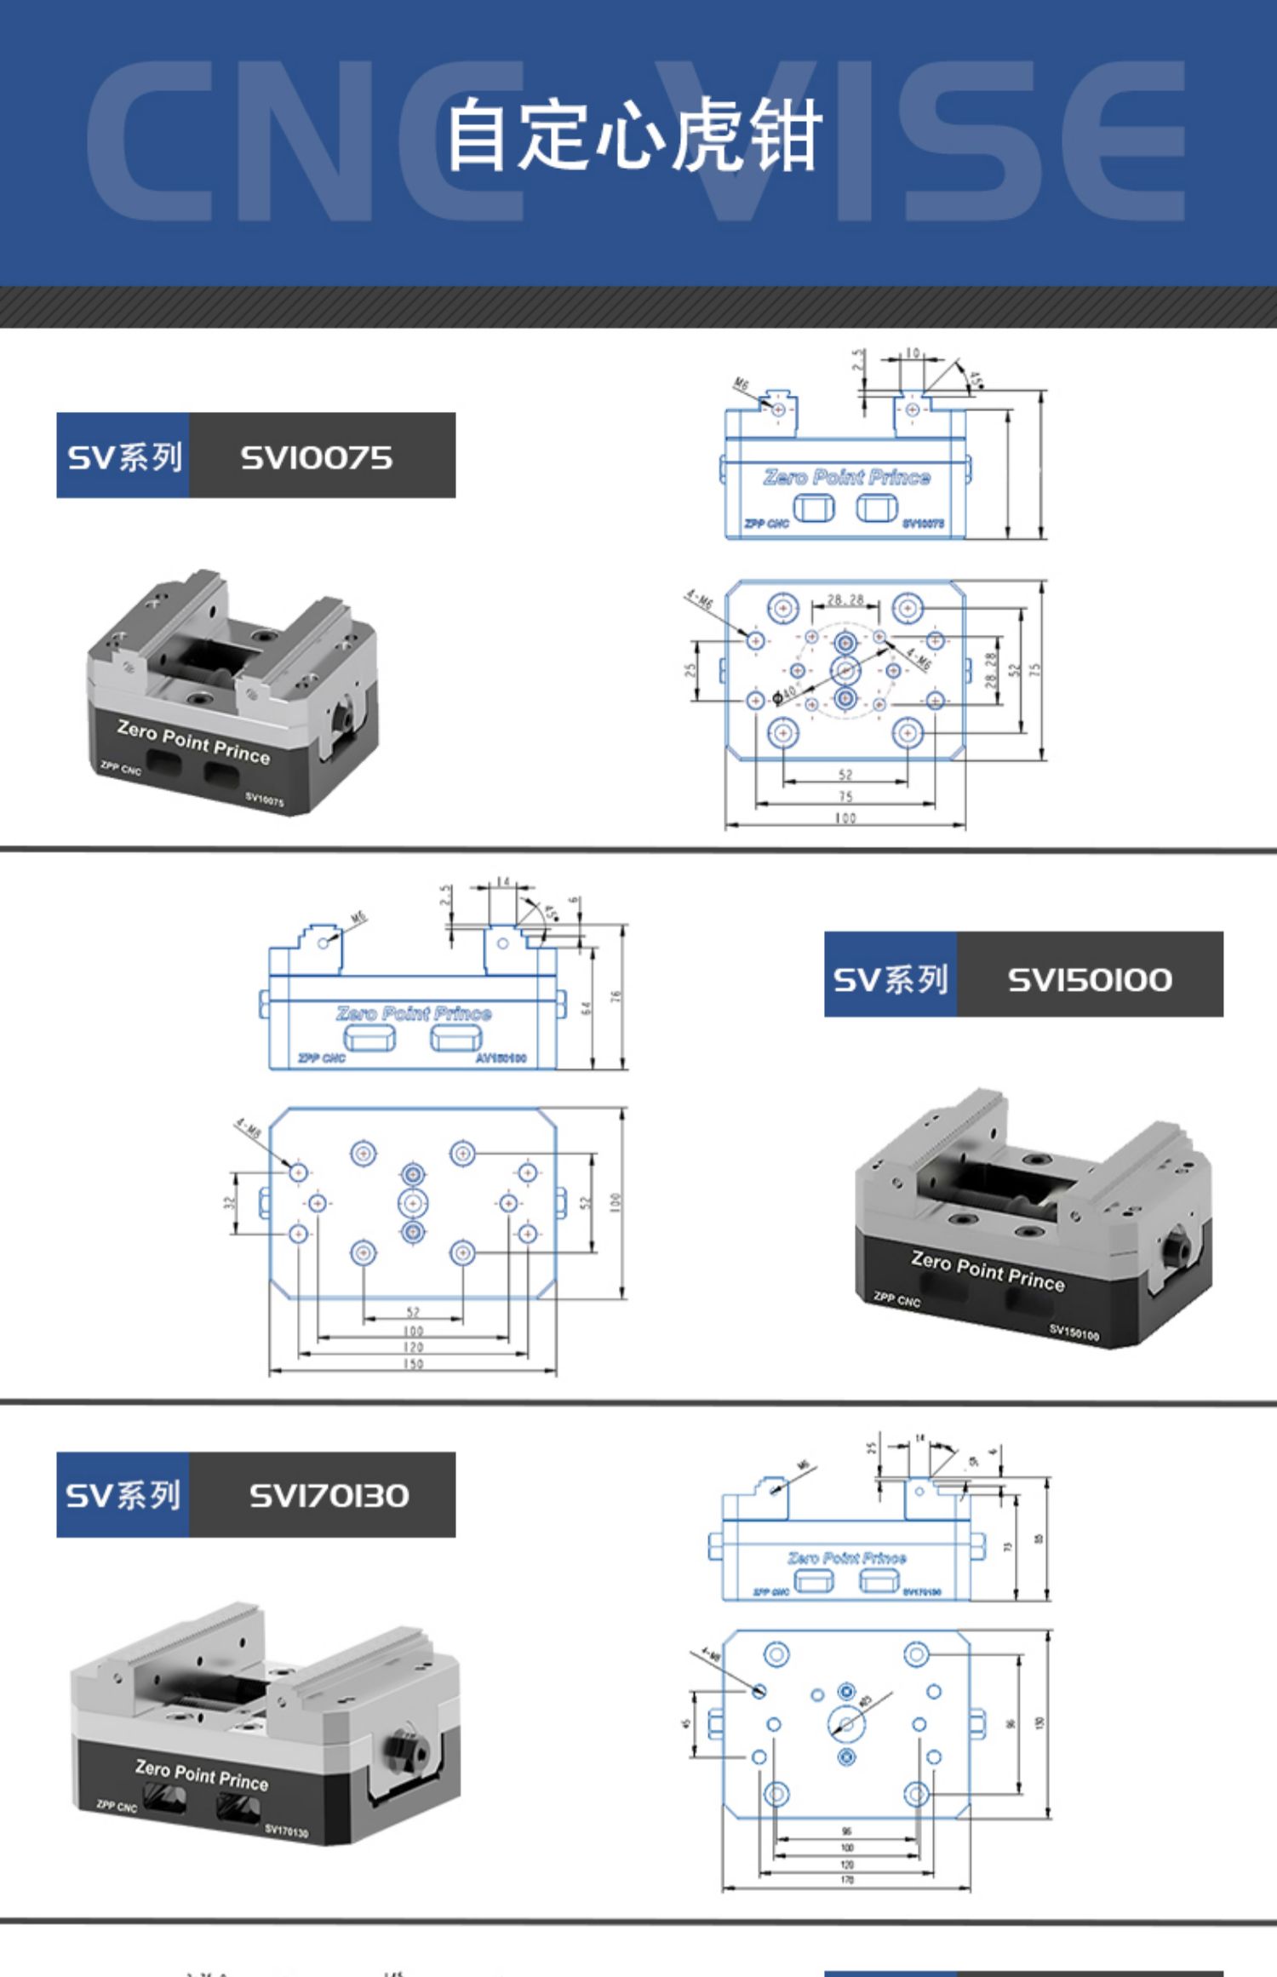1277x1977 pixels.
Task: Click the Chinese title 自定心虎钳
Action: pyautogui.click(x=634, y=135)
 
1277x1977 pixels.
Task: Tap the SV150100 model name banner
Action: pyautogui.click(x=1089, y=979)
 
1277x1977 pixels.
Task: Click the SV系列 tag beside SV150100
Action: pyautogui.click(x=890, y=979)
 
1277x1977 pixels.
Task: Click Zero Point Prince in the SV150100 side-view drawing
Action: pyautogui.click(x=414, y=1013)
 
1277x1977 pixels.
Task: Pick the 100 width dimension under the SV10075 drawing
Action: pyautogui.click(x=845, y=818)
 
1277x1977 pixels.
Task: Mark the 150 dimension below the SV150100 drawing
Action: pyautogui.click(x=413, y=1364)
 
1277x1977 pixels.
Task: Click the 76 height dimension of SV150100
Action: pyautogui.click(x=616, y=996)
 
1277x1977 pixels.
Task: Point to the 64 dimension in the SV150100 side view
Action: pyautogui.click(x=586, y=1007)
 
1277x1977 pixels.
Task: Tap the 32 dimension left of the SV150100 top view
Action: pyautogui.click(x=227, y=1203)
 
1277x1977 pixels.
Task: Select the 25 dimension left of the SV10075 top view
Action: pyautogui.click(x=691, y=670)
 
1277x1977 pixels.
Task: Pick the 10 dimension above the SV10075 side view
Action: pyautogui.click(x=911, y=352)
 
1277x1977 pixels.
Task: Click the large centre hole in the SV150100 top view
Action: pyautogui.click(x=413, y=1203)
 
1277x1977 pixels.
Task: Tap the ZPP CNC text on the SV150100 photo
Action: pyautogui.click(x=896, y=1299)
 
